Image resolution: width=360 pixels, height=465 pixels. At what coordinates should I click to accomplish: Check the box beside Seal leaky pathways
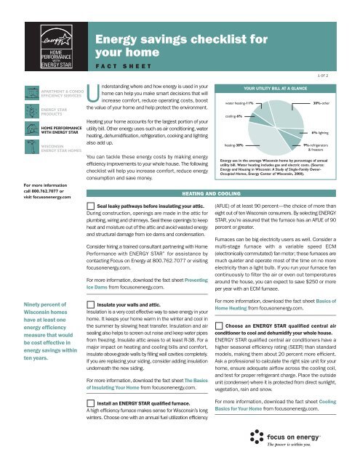point(89,186)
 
